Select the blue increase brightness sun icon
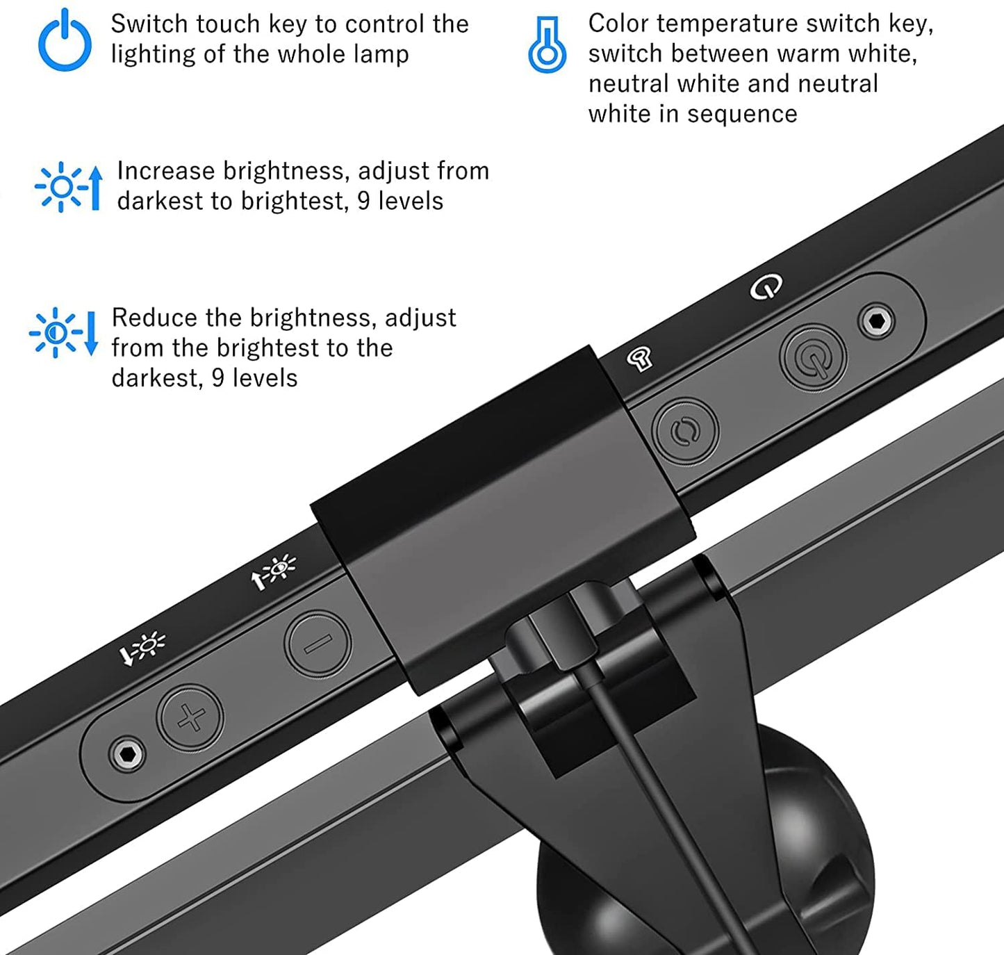[68, 187]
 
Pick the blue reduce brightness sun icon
[63, 333]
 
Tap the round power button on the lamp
[813, 357]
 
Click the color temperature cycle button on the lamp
[685, 431]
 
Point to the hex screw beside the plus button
[126, 753]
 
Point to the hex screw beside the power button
[877, 321]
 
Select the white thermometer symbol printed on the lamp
[639, 358]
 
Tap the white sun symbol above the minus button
[274, 571]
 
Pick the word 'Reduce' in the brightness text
[154, 318]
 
